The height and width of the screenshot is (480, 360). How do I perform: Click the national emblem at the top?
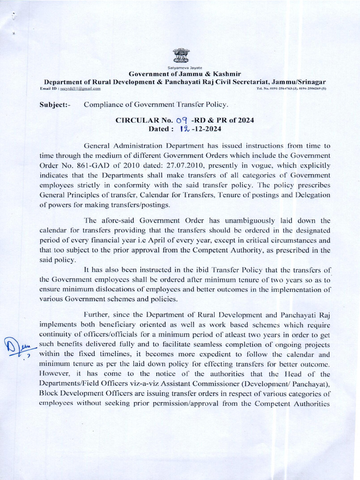pos(180,56)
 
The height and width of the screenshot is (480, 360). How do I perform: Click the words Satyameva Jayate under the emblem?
pos(180,68)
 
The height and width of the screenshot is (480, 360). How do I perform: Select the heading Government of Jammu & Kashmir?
pos(180,74)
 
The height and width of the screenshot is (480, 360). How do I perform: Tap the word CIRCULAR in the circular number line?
pos(138,120)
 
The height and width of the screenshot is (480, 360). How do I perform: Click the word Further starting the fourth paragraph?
pos(96,315)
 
